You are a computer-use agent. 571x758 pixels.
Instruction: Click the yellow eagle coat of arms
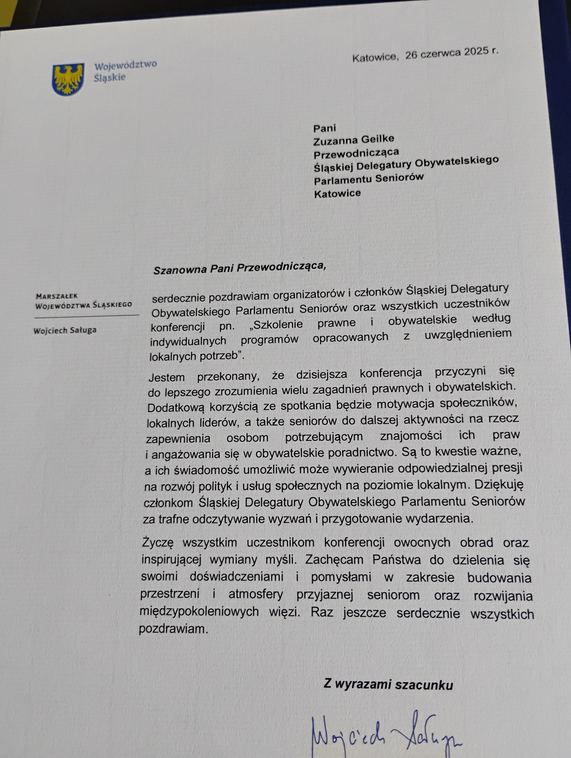pyautogui.click(x=68, y=79)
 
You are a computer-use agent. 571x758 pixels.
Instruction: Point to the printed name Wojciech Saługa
pyautogui.click(x=65, y=330)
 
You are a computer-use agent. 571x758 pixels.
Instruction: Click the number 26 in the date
pyautogui.click(x=411, y=56)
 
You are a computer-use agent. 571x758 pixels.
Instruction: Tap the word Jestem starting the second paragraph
pyautogui.click(x=167, y=377)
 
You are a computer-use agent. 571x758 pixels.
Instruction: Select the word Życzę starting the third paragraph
pyautogui.click(x=157, y=543)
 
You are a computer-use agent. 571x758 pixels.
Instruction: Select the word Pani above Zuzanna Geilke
pyautogui.click(x=325, y=128)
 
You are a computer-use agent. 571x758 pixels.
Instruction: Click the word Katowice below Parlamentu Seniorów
pyautogui.click(x=337, y=193)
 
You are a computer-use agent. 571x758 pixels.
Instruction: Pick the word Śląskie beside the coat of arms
pyautogui.click(x=110, y=78)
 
